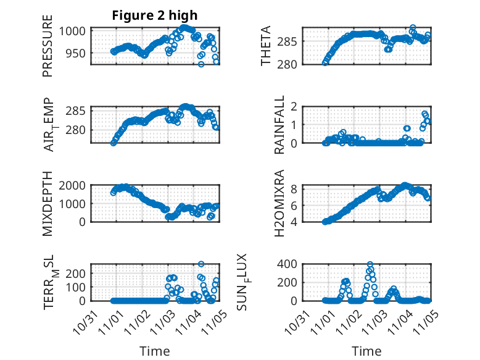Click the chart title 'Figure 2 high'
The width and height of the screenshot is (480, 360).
coord(155,16)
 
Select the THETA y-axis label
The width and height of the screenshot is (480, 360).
coord(266,46)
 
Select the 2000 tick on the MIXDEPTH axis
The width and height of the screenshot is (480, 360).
coord(74,185)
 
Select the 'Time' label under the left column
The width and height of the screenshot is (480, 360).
coord(155,351)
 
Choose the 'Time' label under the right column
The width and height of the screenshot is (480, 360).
coord(366,351)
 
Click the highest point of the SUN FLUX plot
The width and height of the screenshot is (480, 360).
coord(370,264)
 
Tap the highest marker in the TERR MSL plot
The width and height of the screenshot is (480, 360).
coord(201,264)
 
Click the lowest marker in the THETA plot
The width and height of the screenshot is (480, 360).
coord(325,62)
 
